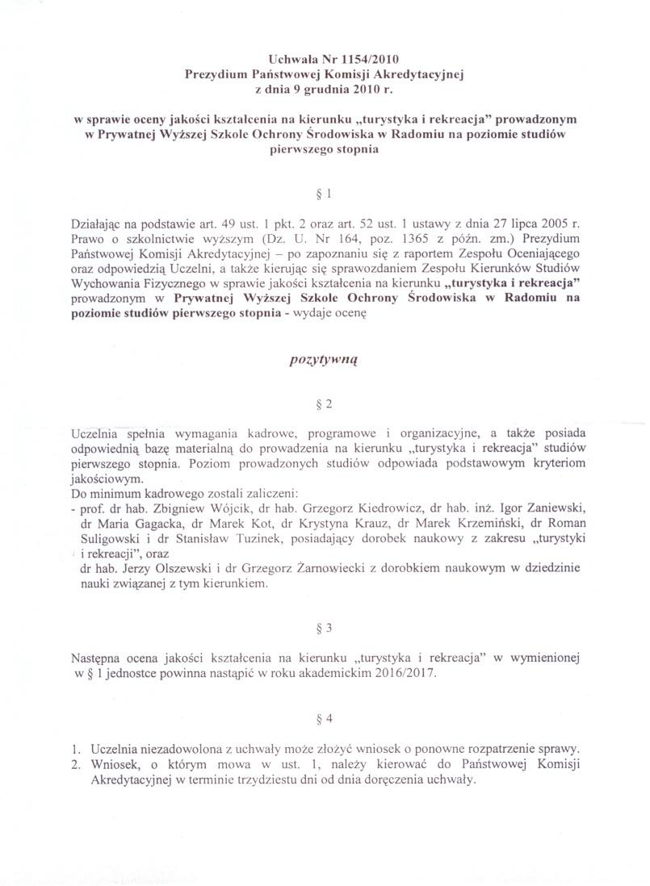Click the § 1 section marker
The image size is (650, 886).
pyautogui.click(x=325, y=194)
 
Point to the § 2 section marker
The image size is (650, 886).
pyautogui.click(x=325, y=402)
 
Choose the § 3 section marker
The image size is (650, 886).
pyautogui.click(x=325, y=626)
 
